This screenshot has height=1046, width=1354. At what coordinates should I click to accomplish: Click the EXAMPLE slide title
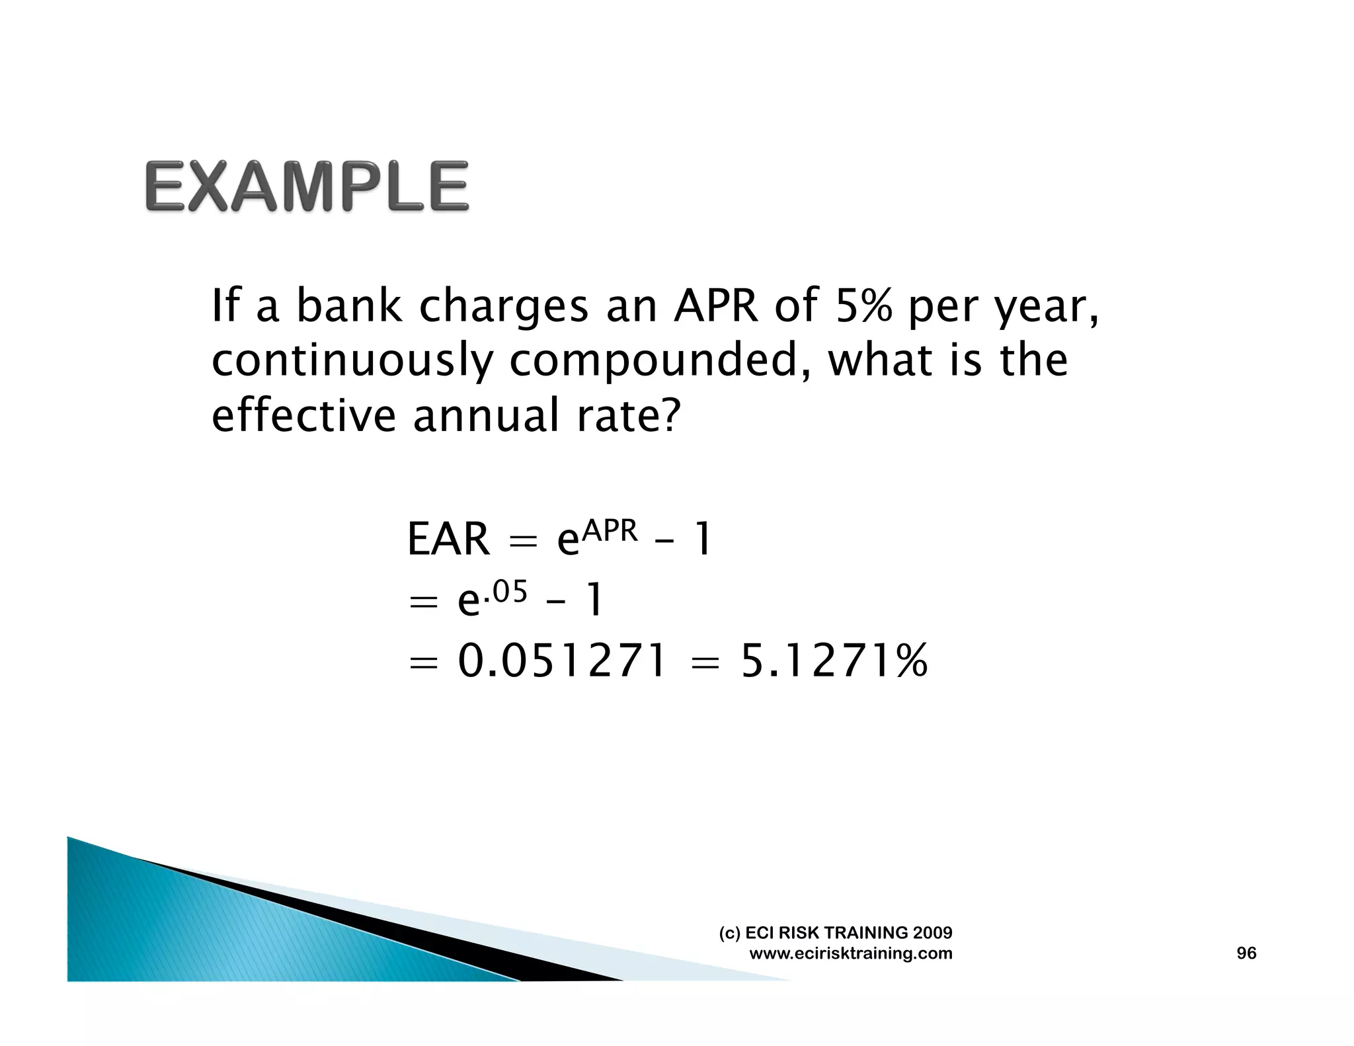[x=307, y=187]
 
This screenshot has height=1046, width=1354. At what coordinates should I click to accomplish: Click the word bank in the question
[x=348, y=306]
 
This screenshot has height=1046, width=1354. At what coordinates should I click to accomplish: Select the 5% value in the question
[x=863, y=306]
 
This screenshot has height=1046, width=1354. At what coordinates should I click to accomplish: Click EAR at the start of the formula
[x=448, y=540]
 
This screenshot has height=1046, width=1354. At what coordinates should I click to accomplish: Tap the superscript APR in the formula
[x=610, y=531]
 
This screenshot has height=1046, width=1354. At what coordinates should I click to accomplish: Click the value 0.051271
[x=562, y=661]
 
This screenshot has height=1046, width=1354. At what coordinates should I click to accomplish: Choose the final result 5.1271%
[x=834, y=661]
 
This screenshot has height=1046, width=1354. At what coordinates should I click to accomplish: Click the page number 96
[x=1246, y=953]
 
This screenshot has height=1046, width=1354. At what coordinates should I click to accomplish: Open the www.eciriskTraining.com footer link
[x=851, y=953]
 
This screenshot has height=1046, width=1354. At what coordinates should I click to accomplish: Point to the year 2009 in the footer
[x=932, y=932]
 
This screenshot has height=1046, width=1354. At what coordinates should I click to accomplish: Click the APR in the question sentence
[x=716, y=306]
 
